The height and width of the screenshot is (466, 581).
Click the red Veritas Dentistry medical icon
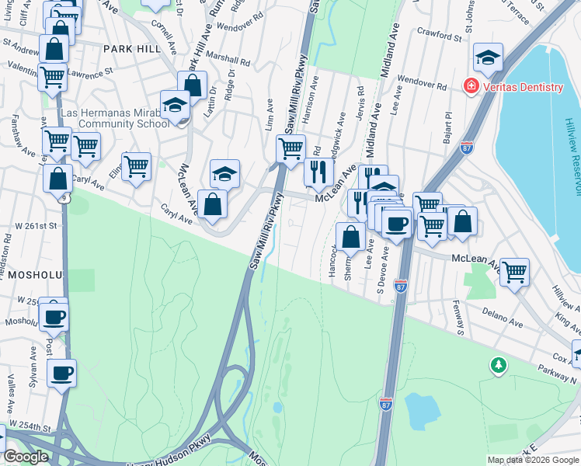tap(471, 86)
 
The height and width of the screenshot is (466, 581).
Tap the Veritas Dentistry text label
tap(521, 87)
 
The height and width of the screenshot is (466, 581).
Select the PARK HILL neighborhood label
tap(131, 48)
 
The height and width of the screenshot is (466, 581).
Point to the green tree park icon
tap(498, 364)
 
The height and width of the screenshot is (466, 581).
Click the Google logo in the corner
tap(26, 457)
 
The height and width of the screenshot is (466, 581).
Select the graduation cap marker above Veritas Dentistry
tap(488, 57)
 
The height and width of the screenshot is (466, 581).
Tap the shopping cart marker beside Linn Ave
tap(291, 147)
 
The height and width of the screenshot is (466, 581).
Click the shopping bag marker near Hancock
tap(351, 236)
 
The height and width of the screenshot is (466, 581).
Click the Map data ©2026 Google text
tap(532, 460)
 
